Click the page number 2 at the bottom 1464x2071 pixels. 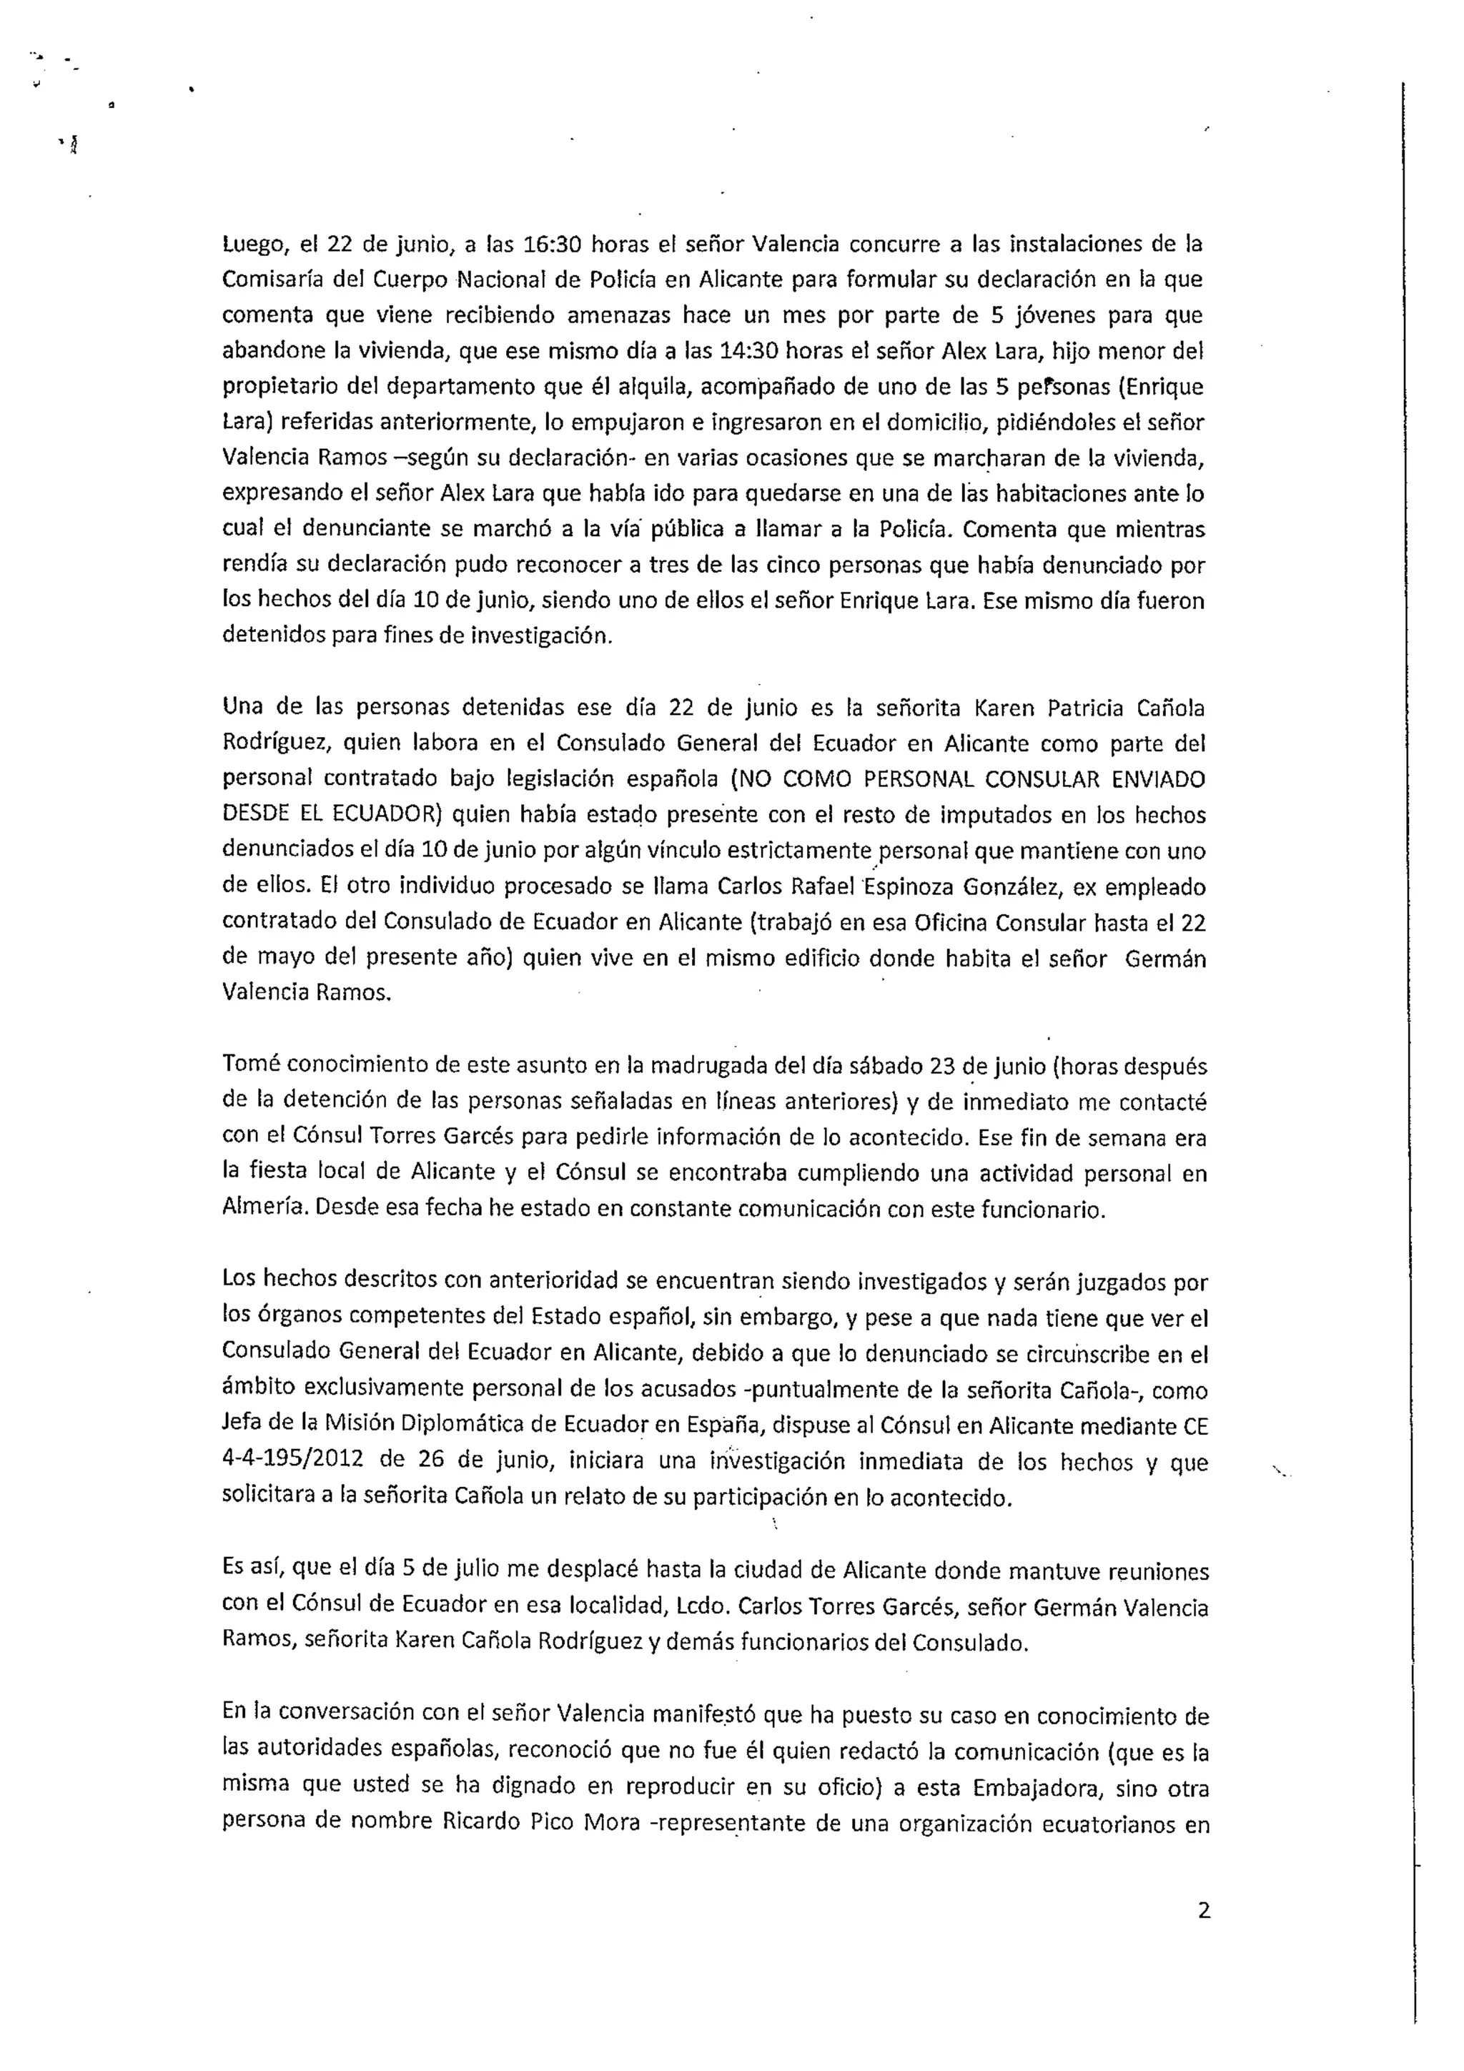[x=1203, y=1910]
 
